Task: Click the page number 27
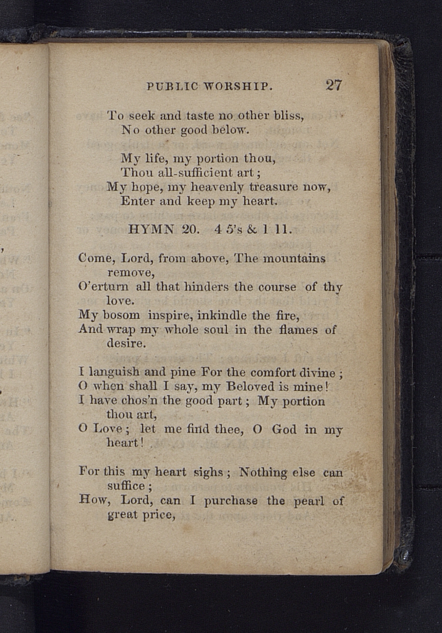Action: (x=334, y=85)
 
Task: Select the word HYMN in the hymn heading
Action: (x=151, y=230)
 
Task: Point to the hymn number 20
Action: (x=191, y=230)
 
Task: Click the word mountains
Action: (x=294, y=259)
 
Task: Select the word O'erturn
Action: (x=103, y=287)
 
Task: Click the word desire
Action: (x=126, y=343)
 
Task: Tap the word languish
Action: (x=115, y=372)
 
